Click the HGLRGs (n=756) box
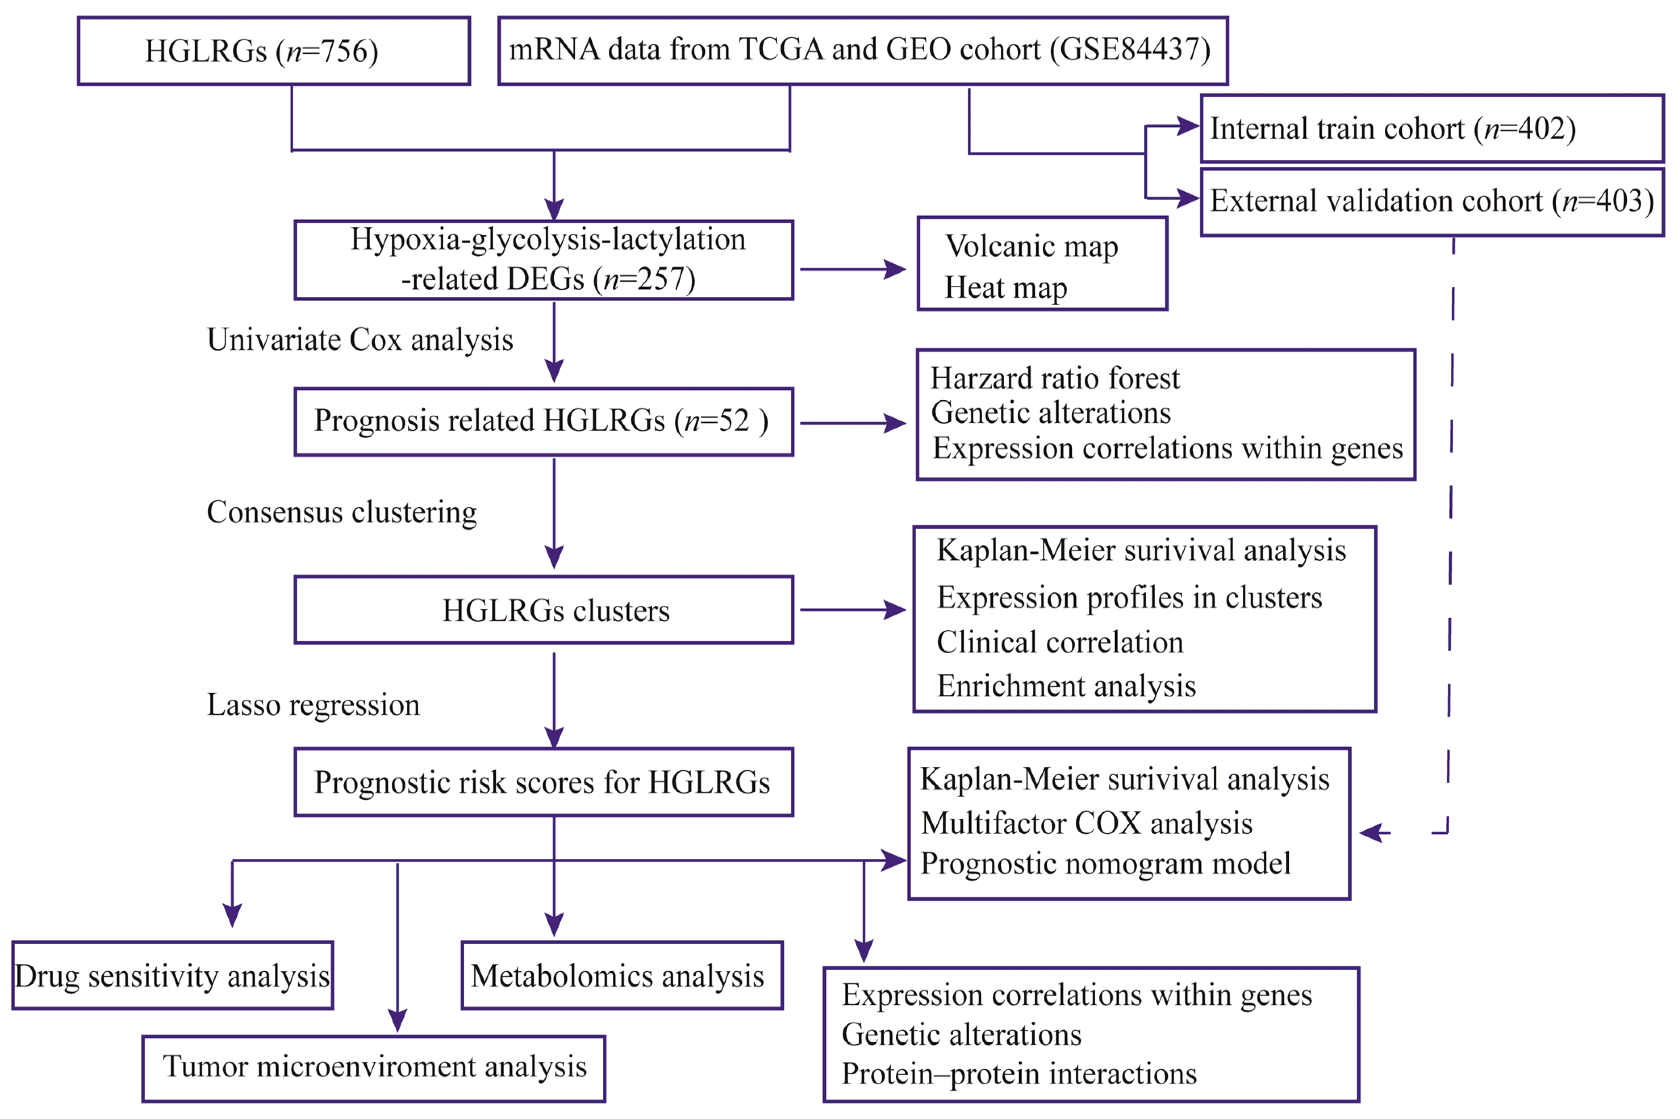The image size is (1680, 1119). click(x=273, y=51)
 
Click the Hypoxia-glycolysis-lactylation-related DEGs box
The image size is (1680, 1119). click(x=544, y=260)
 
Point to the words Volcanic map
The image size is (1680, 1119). click(x=1031, y=247)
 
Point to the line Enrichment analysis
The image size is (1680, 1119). click(x=1066, y=686)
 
